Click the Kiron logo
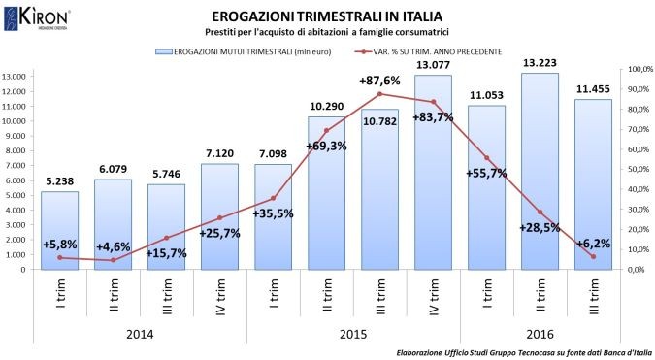pyautogui.click(x=40, y=17)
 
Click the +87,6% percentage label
pyautogui.click(x=380, y=82)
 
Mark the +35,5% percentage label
pyautogui.click(x=273, y=213)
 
